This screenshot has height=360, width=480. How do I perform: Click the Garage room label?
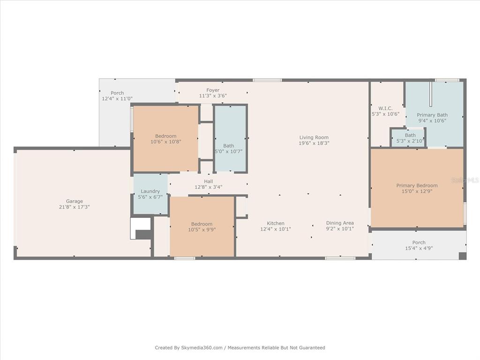75,201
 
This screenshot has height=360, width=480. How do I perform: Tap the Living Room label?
314,137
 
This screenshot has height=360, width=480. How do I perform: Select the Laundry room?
150,194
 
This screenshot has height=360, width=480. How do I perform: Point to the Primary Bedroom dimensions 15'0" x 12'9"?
417,191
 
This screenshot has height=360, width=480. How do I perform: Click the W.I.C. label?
385,108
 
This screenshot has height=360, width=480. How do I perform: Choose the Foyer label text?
213,90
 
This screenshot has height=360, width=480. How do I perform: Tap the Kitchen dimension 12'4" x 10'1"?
276,229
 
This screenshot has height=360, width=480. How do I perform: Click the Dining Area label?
340,223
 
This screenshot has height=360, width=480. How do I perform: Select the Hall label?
209,181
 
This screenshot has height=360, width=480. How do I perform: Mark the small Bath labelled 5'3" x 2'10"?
408,138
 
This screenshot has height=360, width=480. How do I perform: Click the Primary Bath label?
432,115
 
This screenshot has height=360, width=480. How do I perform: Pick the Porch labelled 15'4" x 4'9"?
419,245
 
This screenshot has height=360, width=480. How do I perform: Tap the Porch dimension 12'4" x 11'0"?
117,98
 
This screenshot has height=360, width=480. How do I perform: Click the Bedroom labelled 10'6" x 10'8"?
165,139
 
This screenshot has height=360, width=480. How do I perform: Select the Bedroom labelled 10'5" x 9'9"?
202,226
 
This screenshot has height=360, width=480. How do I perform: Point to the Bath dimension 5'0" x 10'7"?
229,151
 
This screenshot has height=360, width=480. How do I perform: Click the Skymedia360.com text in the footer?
202,348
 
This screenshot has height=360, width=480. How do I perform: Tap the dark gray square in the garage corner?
143,234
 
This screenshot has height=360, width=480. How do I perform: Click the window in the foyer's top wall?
267,80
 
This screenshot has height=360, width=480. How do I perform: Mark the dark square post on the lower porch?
462,256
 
